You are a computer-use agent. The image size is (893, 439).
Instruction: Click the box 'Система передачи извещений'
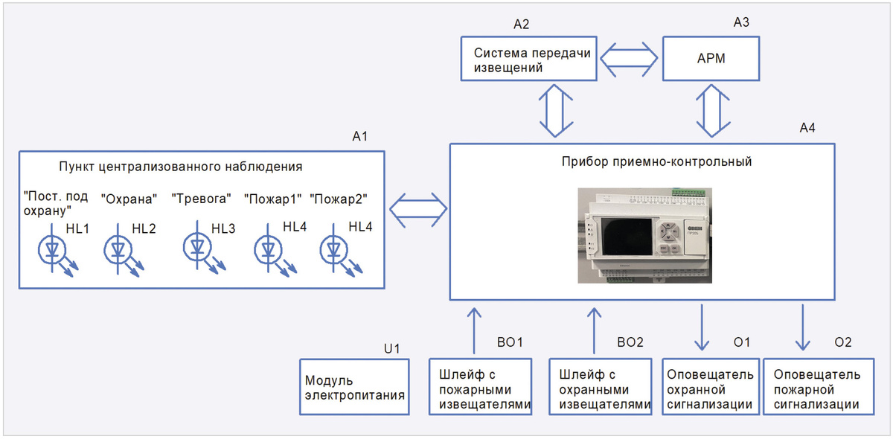[528, 60]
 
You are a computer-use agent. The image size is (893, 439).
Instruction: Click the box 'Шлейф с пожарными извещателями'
[481, 388]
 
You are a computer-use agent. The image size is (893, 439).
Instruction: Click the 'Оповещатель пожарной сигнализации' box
[819, 388]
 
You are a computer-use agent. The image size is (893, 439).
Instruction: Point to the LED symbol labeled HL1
[53, 249]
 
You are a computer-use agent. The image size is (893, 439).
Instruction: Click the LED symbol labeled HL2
[118, 249]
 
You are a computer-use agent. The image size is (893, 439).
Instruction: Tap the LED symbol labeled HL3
[197, 248]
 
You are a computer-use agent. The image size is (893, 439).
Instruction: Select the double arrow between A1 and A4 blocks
[417, 211]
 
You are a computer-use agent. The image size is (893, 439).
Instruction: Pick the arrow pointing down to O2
[802, 326]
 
